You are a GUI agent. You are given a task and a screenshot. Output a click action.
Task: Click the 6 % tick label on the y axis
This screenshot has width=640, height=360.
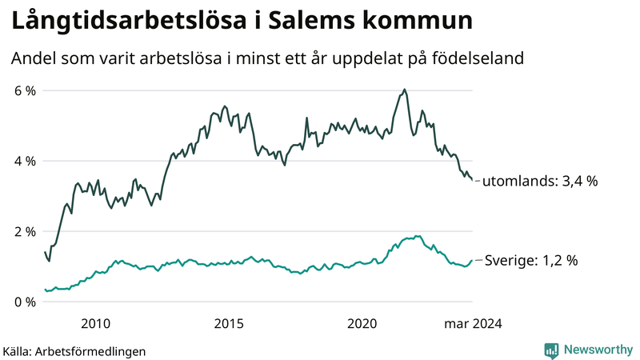coord(25,90)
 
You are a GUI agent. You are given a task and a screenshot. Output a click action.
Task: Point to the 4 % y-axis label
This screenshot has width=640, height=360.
coord(25,161)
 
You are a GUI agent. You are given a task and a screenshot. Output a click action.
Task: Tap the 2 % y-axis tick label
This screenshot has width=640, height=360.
coord(25,231)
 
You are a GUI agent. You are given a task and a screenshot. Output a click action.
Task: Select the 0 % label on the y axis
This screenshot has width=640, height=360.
coord(25,302)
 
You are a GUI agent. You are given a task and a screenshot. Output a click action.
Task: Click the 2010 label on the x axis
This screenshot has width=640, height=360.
coord(95,323)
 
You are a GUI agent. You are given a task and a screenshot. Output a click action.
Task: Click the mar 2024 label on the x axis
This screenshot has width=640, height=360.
coord(473,323)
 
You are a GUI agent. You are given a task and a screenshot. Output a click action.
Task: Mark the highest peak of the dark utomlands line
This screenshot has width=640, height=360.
coord(404,90)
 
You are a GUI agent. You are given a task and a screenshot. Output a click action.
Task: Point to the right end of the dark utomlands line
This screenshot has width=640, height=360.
coord(472,180)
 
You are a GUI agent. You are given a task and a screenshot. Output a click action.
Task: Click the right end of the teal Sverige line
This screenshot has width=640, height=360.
coord(472,260)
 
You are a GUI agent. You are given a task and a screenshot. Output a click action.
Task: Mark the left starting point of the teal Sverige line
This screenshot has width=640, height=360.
coord(45,290)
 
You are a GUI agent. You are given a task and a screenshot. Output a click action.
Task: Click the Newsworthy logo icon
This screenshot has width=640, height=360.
coord(551,350)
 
